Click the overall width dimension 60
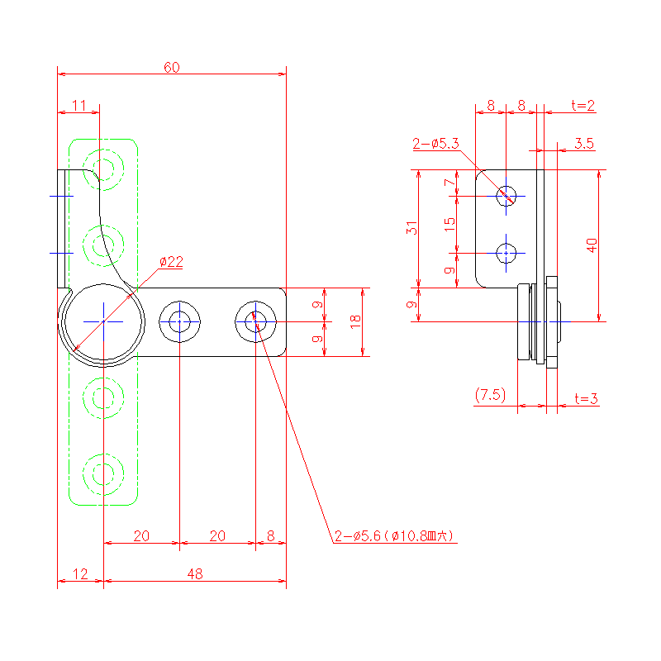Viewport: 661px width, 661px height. pyautogui.click(x=171, y=67)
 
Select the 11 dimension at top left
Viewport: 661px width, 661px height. pyautogui.click(x=78, y=105)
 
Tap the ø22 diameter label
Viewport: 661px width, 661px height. pyautogui.click(x=171, y=261)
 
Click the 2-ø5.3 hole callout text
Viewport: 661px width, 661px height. pyautogui.click(x=435, y=144)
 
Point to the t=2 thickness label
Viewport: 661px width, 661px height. pyautogui.click(x=583, y=105)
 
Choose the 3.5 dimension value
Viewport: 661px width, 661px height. pyautogui.click(x=583, y=144)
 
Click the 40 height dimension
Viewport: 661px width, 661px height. pyautogui.click(x=591, y=245)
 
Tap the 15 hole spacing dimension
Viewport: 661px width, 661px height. pyautogui.click(x=449, y=223)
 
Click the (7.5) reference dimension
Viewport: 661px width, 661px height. pyautogui.click(x=490, y=395)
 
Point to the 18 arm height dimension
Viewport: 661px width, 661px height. pyautogui.click(x=355, y=321)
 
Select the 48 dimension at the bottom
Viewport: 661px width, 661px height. pyautogui.click(x=194, y=573)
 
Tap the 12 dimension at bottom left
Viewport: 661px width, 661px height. pyautogui.click(x=79, y=573)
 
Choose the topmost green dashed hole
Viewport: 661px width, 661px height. pyautogui.click(x=105, y=169)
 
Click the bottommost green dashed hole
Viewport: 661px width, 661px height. pyautogui.click(x=102, y=473)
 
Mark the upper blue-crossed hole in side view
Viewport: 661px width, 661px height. pyautogui.click(x=506, y=196)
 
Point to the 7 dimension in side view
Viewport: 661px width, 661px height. pyautogui.click(x=449, y=183)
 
